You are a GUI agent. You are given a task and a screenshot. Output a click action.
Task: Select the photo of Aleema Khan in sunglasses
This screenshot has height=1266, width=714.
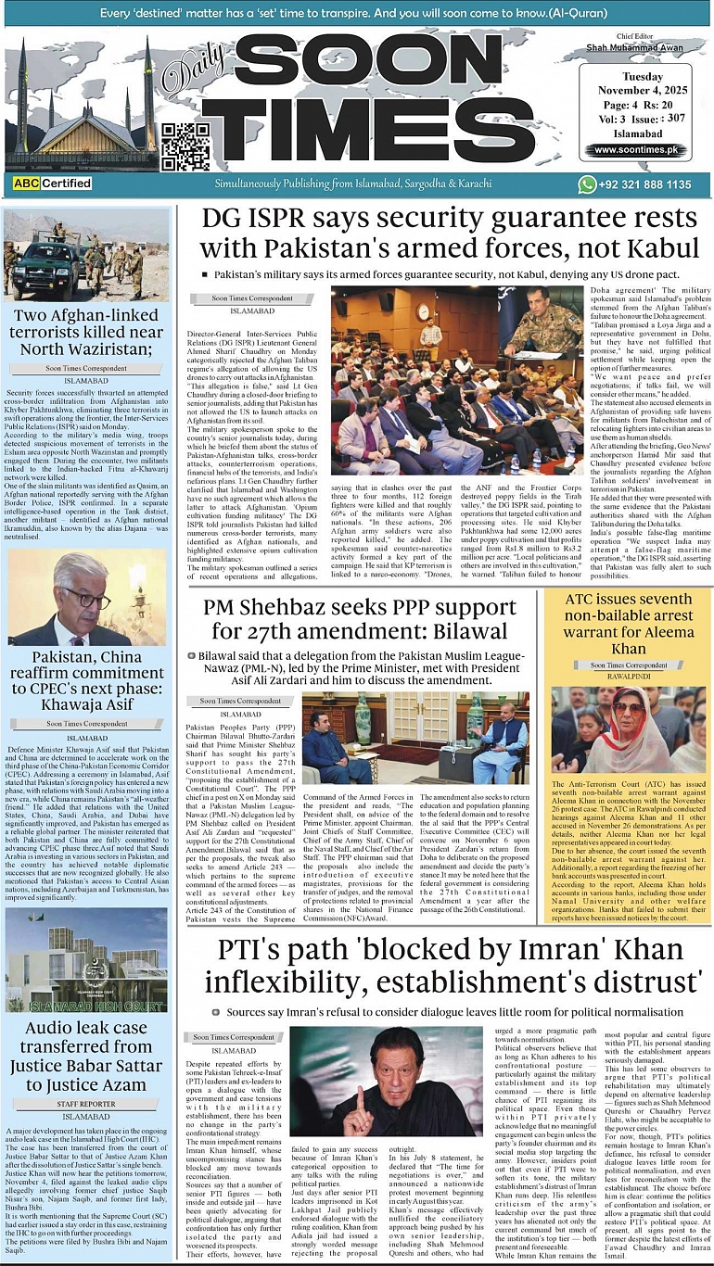click(629, 728)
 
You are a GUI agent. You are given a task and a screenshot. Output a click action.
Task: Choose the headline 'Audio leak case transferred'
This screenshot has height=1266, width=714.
click(86, 1056)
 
